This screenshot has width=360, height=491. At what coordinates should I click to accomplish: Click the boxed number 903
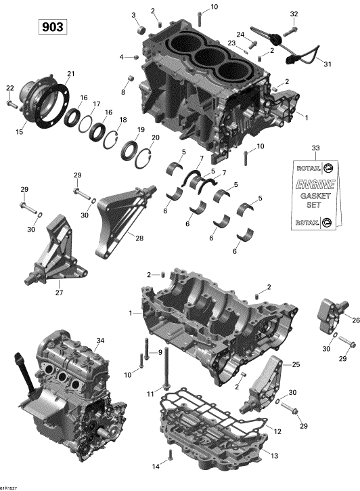53,27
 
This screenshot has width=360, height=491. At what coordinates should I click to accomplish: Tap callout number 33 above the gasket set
316,148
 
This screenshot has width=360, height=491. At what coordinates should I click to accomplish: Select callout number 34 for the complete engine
100,341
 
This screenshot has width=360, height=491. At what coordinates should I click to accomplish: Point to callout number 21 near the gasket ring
71,74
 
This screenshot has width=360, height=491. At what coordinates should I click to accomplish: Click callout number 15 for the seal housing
20,132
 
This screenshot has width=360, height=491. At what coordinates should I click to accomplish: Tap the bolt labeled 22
12,104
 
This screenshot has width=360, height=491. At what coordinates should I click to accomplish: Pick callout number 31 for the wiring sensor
327,64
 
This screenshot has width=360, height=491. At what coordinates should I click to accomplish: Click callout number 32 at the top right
294,14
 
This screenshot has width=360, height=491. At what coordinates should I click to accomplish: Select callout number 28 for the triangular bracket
139,238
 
